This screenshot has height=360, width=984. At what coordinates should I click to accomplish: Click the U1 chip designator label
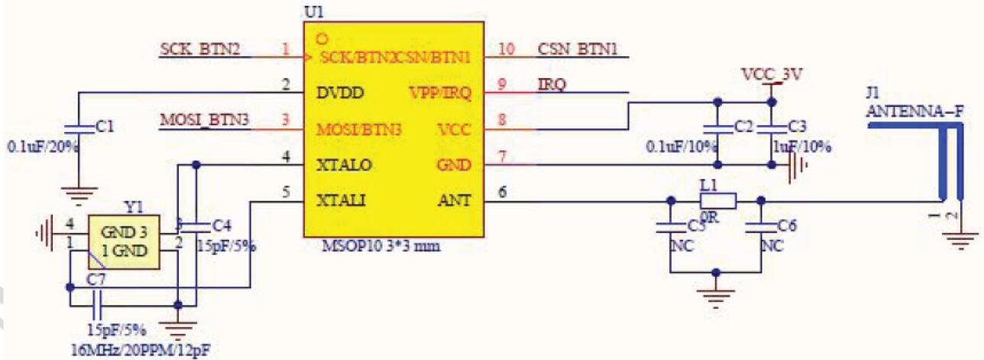[x=313, y=13]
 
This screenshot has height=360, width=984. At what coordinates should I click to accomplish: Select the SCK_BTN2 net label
[x=200, y=50]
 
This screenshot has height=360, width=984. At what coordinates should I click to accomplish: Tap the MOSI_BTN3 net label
[x=205, y=120]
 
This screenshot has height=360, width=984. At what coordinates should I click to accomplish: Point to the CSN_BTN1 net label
[x=578, y=50]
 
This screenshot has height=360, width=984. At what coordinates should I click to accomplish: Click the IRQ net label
[x=552, y=85]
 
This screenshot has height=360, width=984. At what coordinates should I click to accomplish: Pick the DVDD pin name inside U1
[x=341, y=93]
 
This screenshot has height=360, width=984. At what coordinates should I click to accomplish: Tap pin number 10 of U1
[x=507, y=50]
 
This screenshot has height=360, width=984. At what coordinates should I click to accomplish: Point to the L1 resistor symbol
[x=718, y=201]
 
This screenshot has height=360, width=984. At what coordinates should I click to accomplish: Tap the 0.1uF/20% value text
[x=43, y=145]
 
